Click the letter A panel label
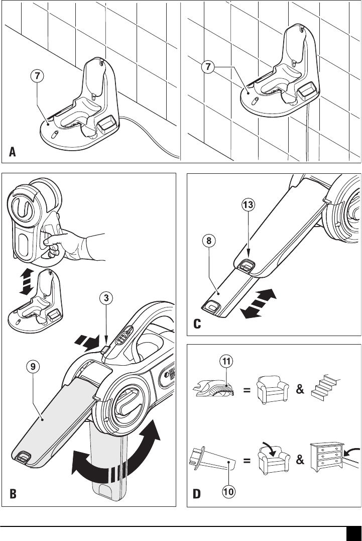(x=13, y=152)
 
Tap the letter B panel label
(x=13, y=494)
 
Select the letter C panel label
(x=197, y=324)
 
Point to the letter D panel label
(x=196, y=494)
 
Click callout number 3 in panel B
(x=106, y=298)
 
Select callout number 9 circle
(x=33, y=367)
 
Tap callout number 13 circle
(x=248, y=205)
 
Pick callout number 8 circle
(x=209, y=241)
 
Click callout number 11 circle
(x=226, y=361)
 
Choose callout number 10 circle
(x=228, y=491)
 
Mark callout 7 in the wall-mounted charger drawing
(x=208, y=66)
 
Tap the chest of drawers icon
(x=326, y=458)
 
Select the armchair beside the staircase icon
(x=273, y=390)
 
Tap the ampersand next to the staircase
(x=300, y=389)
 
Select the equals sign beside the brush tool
(x=247, y=391)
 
